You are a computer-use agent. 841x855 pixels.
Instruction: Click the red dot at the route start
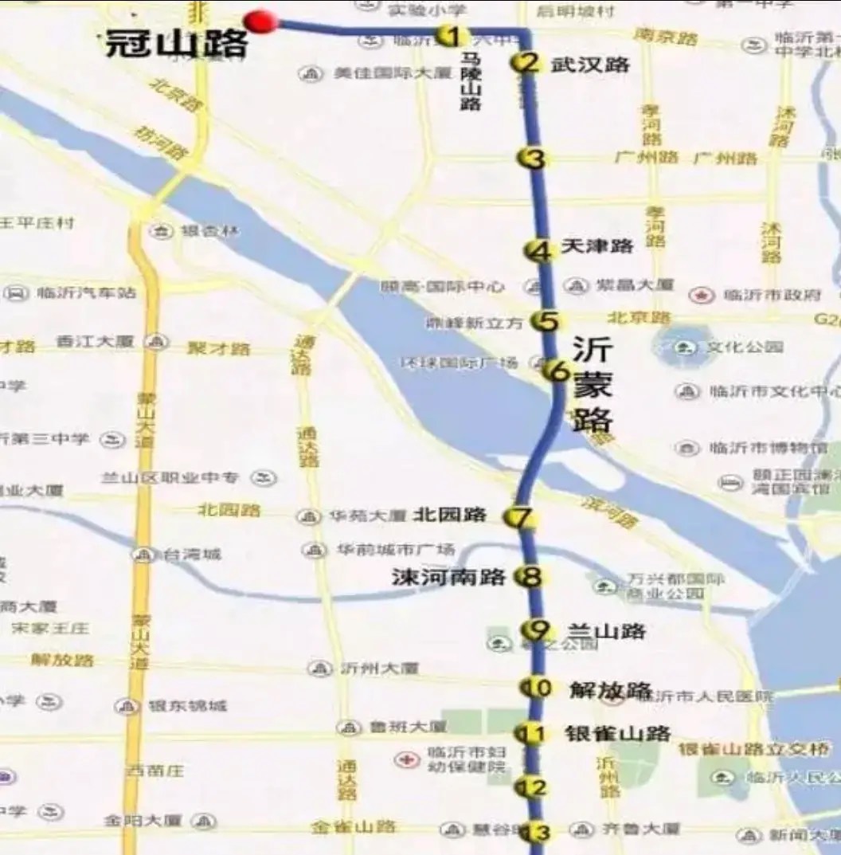point(260,21)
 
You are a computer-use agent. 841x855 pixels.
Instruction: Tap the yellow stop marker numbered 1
point(451,35)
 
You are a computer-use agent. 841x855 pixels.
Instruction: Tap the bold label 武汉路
point(590,65)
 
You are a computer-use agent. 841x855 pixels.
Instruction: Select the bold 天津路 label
point(597,246)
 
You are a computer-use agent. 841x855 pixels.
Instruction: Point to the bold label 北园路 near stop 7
point(449,515)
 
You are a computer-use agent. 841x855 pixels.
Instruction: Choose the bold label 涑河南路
point(448,577)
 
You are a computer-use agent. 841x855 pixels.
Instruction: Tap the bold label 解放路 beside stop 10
point(610,690)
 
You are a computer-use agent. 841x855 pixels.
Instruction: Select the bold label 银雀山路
point(617,734)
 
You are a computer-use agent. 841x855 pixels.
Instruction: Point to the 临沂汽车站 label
point(87,293)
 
